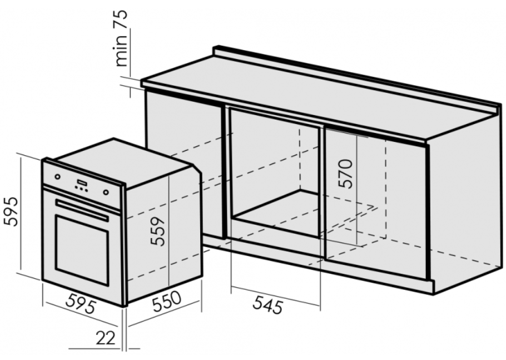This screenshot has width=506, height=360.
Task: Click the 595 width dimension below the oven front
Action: point(81,304)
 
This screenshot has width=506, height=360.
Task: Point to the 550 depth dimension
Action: point(166,301)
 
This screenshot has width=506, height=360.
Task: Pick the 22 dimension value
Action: point(106,338)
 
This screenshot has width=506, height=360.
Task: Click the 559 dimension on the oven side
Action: point(158,231)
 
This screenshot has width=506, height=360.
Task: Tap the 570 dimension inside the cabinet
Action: point(345,174)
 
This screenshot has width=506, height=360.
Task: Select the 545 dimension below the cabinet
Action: point(267,305)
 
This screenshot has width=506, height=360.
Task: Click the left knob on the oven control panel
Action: point(57,176)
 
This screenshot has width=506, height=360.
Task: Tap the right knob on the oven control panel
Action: point(106,193)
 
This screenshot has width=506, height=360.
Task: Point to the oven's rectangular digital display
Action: point(82,183)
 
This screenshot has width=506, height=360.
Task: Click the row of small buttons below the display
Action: point(81,189)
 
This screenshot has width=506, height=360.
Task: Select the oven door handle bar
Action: point(82,210)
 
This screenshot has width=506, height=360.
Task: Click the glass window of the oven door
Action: point(81,249)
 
